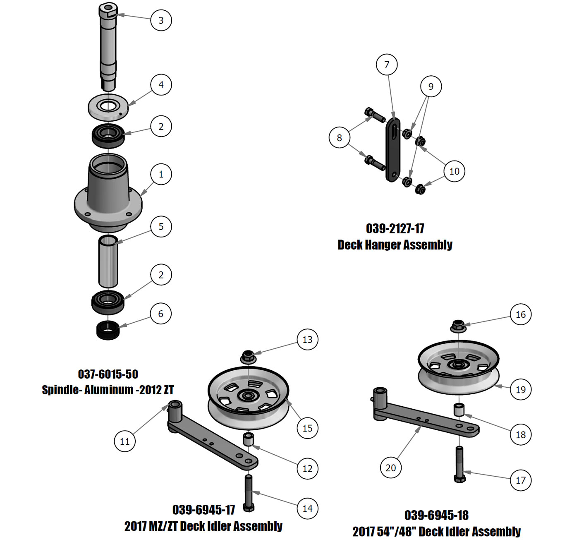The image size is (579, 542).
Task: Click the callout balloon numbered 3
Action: pyautogui.click(x=161, y=20)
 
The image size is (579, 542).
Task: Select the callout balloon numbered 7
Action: pyautogui.click(x=387, y=65)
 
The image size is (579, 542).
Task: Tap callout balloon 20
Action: pyautogui.click(x=390, y=468)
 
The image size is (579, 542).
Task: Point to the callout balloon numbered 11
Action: pyautogui.click(x=124, y=441)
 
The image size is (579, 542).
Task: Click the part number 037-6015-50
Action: pyautogui.click(x=108, y=374)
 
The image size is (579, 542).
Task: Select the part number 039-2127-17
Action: pyautogui.click(x=395, y=228)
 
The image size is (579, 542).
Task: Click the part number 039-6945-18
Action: pyautogui.click(x=436, y=515)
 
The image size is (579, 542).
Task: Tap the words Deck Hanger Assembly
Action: pyautogui.click(x=395, y=245)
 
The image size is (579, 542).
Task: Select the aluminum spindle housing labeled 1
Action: pyautogui.click(x=108, y=194)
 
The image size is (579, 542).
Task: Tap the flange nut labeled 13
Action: pyautogui.click(x=247, y=356)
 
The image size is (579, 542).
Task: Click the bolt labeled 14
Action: pyautogui.click(x=249, y=492)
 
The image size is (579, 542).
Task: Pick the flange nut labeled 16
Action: pyautogui.click(x=458, y=325)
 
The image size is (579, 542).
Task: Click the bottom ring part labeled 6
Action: pyautogui.click(x=108, y=330)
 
